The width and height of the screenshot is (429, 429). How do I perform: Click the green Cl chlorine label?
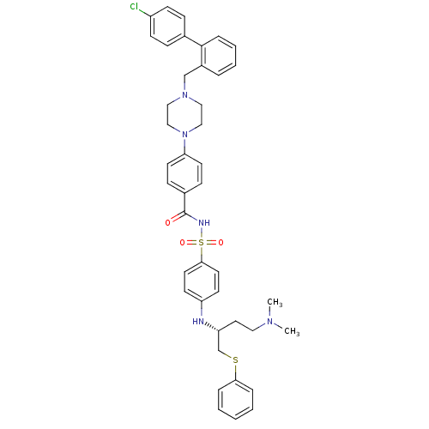point(134,6)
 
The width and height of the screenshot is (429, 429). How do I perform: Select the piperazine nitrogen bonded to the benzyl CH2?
point(185,95)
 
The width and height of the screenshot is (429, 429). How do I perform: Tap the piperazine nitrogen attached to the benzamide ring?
point(185,134)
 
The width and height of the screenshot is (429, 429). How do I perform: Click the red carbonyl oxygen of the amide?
point(168,223)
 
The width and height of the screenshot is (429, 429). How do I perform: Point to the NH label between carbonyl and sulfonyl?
point(204,222)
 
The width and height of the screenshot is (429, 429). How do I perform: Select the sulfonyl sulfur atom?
point(202,243)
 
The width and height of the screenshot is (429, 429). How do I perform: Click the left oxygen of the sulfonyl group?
point(183,243)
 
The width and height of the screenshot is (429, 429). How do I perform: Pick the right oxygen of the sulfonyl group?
point(221,243)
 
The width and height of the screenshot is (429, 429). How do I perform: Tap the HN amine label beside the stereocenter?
point(198,322)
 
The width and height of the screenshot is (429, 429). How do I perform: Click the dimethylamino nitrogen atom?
point(270,322)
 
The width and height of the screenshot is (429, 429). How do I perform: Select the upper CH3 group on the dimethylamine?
point(275,303)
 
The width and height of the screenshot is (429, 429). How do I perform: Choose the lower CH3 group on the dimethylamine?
point(292,331)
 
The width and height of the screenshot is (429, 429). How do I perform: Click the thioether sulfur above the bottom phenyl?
point(236,360)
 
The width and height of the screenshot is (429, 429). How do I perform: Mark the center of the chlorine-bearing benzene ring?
point(167,27)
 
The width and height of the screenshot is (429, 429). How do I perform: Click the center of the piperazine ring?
point(185,114)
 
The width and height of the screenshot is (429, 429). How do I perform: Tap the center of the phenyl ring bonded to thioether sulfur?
point(236,400)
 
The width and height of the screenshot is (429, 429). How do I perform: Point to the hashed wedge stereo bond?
point(212,328)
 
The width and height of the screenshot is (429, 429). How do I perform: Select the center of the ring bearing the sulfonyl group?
point(202,282)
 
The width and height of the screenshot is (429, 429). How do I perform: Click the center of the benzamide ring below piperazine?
point(185,173)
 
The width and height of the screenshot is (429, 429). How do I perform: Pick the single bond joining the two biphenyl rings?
point(193,41)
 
